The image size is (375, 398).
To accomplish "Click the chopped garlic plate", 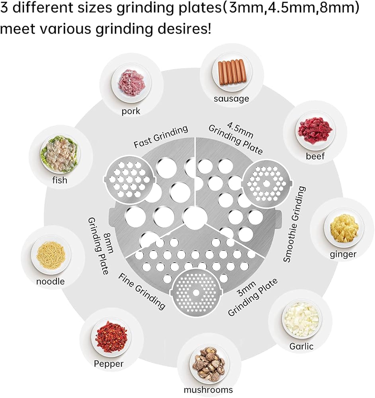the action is coord(301,320).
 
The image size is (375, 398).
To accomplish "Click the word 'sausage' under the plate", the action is coord(231,99).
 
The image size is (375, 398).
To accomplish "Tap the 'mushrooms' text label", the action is coord(208,390).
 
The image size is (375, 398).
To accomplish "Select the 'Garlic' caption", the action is coord(301,346).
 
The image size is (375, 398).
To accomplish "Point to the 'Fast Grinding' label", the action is coord(160,137).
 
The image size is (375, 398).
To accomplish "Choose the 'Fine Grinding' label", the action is coord(142,291).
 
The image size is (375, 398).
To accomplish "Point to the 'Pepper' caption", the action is coord(109,363).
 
